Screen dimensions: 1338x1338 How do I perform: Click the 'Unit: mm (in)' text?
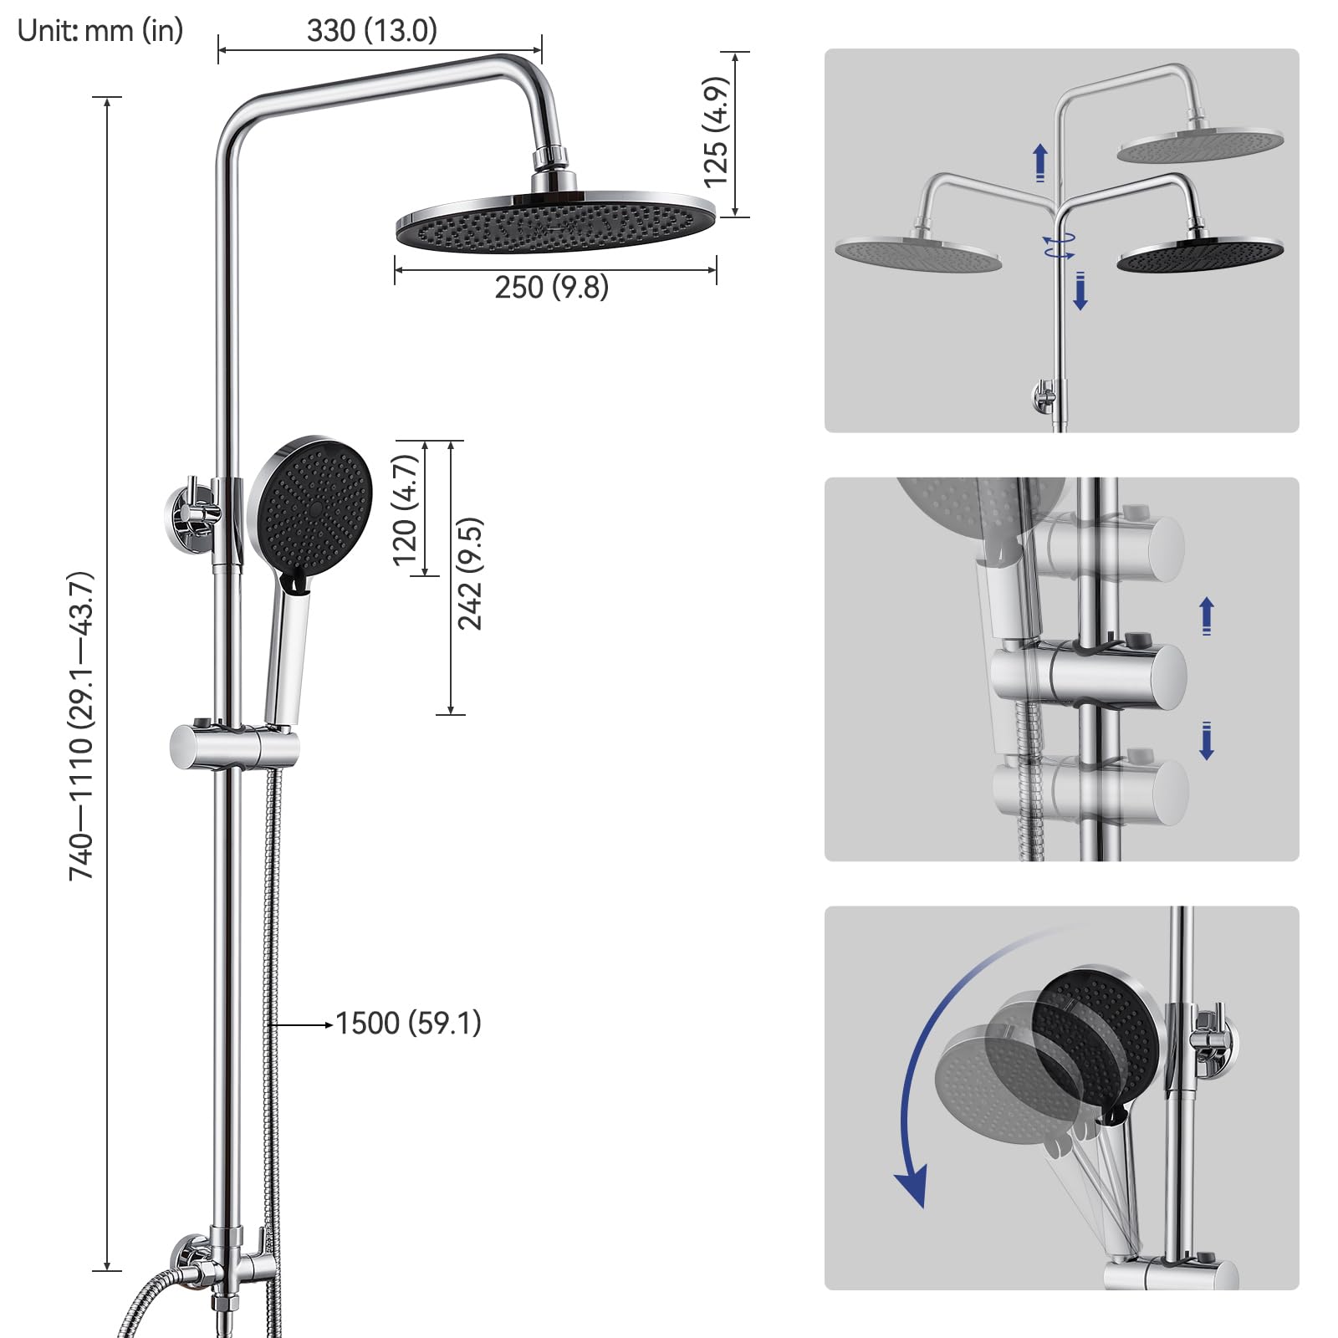click(x=100, y=31)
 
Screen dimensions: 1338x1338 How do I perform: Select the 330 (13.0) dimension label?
click(x=372, y=31)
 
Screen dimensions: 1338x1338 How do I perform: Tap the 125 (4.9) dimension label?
click(x=716, y=132)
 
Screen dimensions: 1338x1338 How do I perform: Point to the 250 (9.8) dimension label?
click(x=552, y=288)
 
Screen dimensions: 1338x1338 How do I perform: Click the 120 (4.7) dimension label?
click(x=405, y=510)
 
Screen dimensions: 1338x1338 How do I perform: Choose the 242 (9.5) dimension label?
click(x=470, y=574)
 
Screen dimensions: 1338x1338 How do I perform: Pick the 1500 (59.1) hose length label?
click(x=409, y=1024)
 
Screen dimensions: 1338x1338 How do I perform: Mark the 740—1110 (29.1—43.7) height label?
click(x=81, y=726)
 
